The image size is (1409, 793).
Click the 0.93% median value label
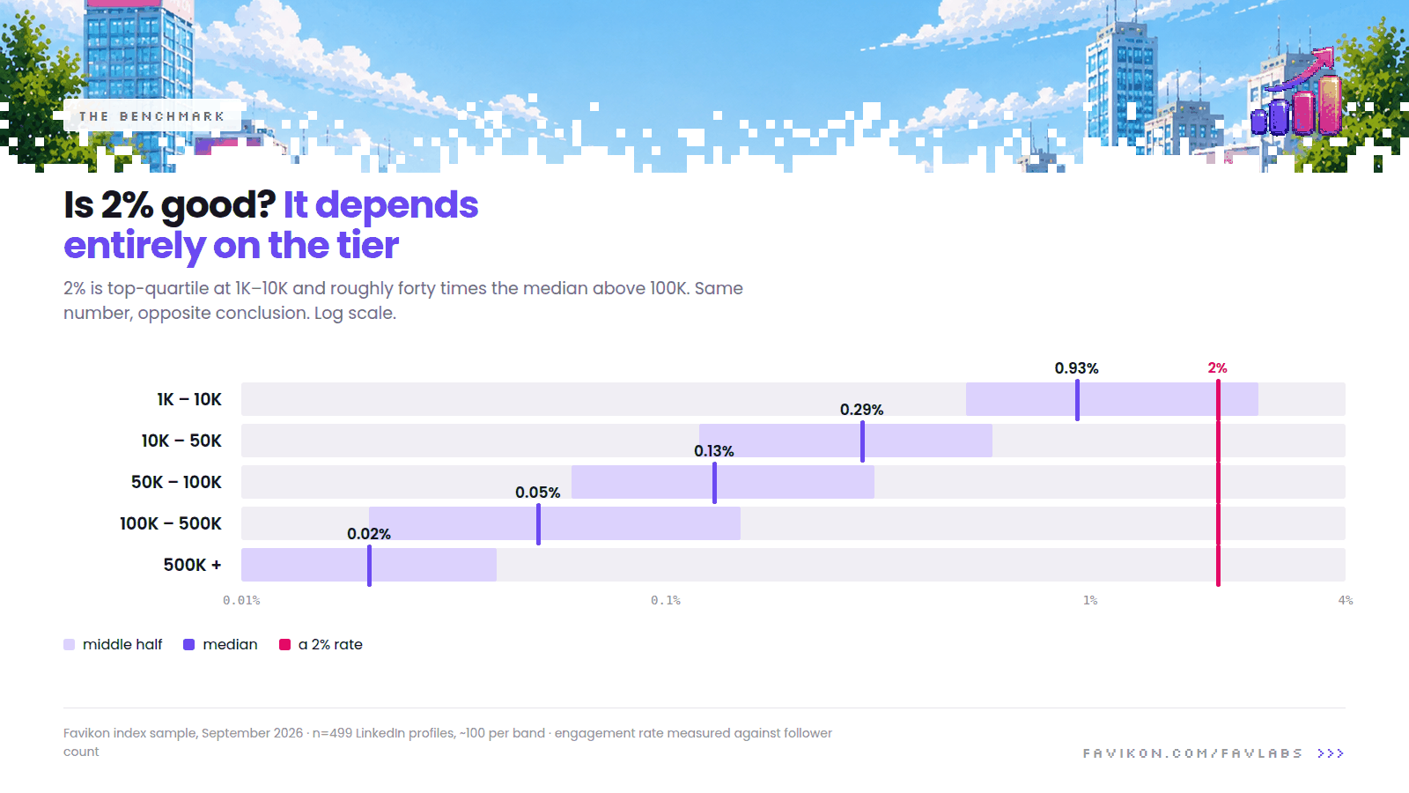pos(1076,368)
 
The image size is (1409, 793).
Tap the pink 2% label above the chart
pos(1217,368)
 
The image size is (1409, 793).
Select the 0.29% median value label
pos(862,410)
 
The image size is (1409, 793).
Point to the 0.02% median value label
pos(369,534)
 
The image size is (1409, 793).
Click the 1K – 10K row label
pos(189,400)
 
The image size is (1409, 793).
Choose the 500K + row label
pos(193,565)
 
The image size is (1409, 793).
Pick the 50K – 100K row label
pos(176,482)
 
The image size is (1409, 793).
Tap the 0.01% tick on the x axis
pos(241,600)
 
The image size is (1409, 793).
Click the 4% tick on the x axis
pos(1346,600)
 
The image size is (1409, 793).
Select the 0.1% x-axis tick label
pos(666,600)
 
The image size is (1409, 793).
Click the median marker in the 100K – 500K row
pos(538,524)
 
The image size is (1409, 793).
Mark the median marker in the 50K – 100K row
pos(714,483)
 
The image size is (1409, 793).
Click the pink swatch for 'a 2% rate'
pos(285,644)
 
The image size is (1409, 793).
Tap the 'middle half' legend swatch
pos(70,644)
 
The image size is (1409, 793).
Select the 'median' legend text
pos(230,644)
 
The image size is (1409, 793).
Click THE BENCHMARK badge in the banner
pos(152,116)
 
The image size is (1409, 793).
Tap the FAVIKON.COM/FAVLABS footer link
pos(1192,753)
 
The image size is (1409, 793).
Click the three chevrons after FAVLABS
pos(1331,753)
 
